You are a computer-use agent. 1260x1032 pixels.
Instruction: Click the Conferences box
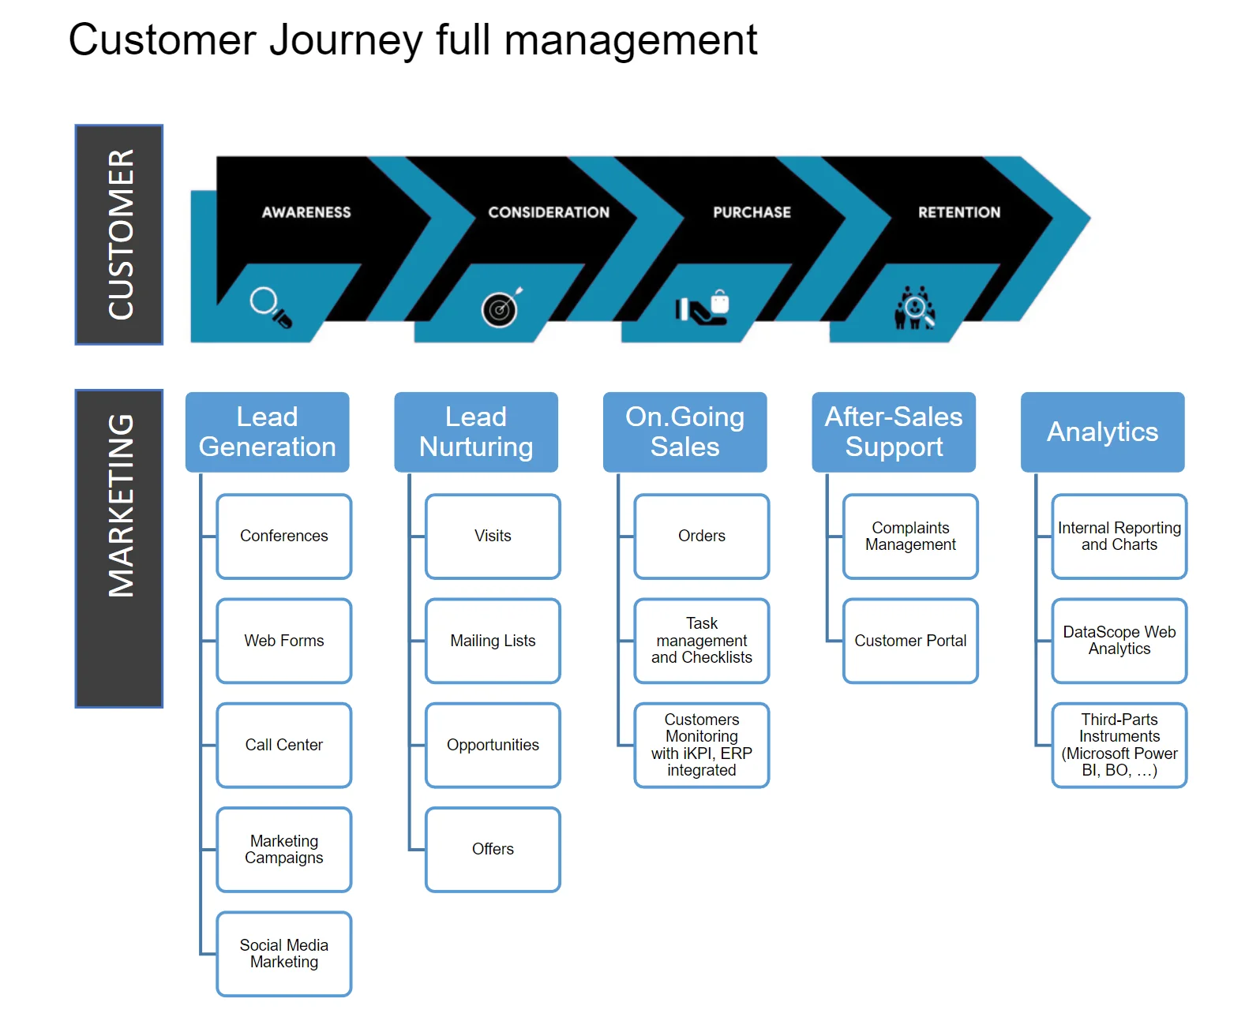(x=283, y=537)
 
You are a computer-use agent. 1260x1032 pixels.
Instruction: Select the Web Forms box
(x=283, y=641)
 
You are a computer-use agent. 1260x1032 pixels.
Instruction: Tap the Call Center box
(x=283, y=745)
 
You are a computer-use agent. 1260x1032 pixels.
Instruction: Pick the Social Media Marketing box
(x=283, y=954)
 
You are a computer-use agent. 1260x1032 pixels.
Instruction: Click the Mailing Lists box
(x=493, y=641)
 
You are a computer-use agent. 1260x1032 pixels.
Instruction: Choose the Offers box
(x=493, y=849)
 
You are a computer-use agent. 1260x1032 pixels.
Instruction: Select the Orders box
(x=701, y=537)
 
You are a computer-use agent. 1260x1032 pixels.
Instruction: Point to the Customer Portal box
(x=910, y=641)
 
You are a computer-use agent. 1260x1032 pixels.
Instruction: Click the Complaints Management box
(x=910, y=537)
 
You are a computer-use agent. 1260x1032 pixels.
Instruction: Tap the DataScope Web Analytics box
(x=1119, y=641)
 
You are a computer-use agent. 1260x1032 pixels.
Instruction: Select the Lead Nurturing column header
(x=476, y=432)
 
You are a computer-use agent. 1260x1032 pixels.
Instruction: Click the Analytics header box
(x=1102, y=432)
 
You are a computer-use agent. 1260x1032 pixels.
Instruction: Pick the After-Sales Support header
(x=894, y=432)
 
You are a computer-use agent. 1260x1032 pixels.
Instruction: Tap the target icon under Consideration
(x=501, y=308)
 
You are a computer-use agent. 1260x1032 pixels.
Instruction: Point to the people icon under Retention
(x=914, y=308)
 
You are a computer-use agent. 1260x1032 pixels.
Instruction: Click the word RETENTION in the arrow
(x=958, y=212)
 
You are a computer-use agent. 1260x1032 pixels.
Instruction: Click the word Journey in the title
(x=346, y=40)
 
